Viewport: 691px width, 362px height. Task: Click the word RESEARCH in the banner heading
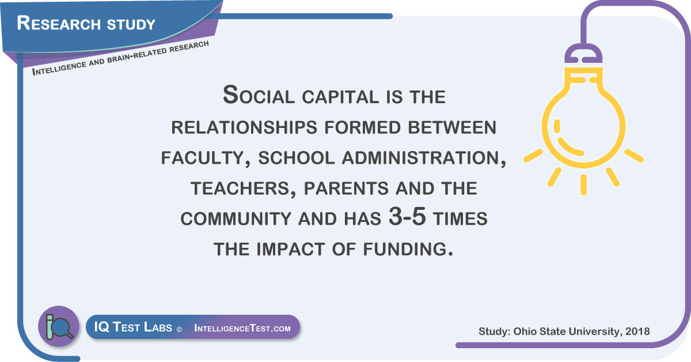coord(59,23)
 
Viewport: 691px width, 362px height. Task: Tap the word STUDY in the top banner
coord(131,24)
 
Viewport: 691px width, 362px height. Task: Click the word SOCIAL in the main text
coord(259,95)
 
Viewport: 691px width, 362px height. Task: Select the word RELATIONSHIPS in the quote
coord(244,127)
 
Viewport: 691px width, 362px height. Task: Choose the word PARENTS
coord(347,188)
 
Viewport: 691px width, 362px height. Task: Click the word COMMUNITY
coord(236,219)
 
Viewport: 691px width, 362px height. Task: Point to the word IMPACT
coord(291,249)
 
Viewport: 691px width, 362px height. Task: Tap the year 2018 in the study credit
coord(637,331)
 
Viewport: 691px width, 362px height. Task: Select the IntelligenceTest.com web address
coord(242,328)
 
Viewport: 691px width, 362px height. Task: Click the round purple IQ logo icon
coord(59,326)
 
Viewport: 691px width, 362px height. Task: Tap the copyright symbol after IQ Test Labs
coord(179,330)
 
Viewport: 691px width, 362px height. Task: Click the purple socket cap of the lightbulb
coord(583,54)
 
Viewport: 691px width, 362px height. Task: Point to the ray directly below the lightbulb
coord(583,184)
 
